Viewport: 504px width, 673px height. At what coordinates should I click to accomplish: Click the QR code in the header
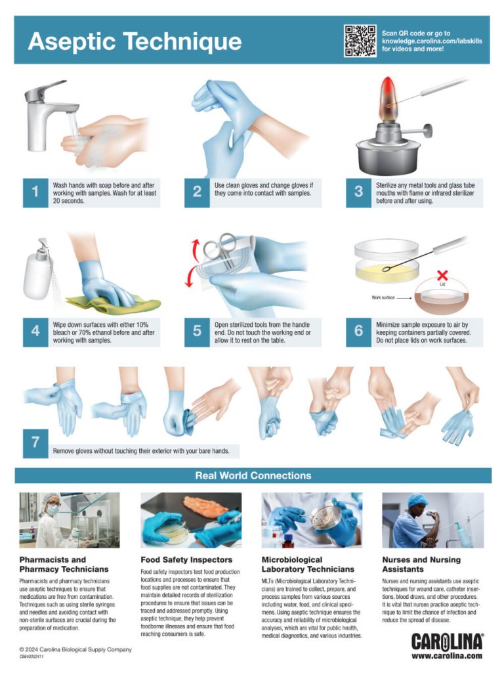[360, 40]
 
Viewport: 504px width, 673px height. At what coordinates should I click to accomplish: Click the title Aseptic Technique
[135, 41]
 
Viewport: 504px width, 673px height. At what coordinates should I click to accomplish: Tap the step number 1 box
[35, 192]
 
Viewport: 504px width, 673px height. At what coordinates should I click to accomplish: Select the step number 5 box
[197, 331]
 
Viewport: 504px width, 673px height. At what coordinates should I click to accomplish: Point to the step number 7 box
[35, 443]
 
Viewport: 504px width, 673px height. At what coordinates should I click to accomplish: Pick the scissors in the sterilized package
[219, 250]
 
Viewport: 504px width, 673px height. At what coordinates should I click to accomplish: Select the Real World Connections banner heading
[253, 475]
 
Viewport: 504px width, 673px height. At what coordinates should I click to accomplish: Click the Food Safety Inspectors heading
[186, 560]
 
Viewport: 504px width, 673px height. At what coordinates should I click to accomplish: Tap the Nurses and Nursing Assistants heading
[421, 565]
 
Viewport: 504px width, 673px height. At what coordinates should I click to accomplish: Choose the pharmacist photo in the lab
[69, 520]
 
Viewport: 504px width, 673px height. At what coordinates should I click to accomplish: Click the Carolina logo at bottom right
[447, 641]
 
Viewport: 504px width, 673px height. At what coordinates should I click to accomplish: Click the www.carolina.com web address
[447, 655]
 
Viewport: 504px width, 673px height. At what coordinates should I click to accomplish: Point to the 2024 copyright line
[75, 649]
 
